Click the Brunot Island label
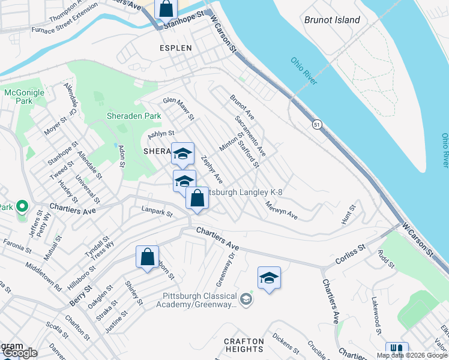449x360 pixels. (x=332, y=20)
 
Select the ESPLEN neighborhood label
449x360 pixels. (x=175, y=47)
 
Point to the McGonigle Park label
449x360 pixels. (x=20, y=97)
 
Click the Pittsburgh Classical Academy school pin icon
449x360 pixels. (x=246, y=298)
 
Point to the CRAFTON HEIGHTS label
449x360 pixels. (x=244, y=345)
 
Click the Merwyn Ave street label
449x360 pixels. (x=282, y=209)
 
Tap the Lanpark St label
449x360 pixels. (x=157, y=212)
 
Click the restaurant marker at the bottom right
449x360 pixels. (x=396, y=350)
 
